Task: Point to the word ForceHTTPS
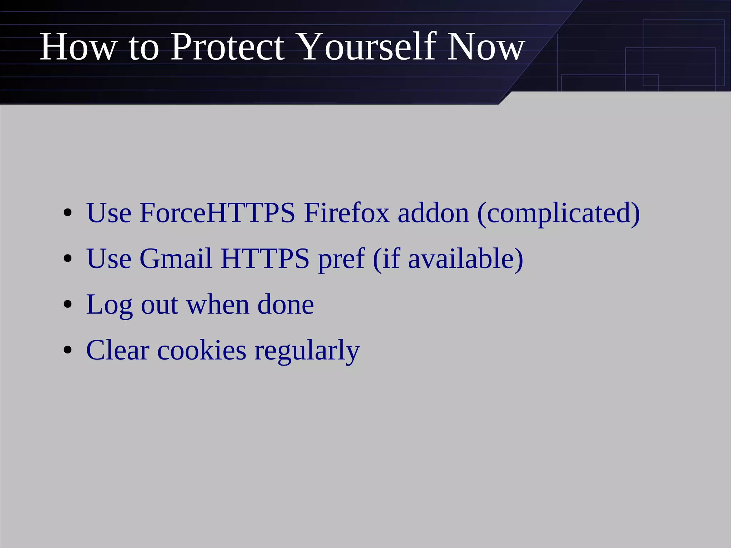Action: click(217, 213)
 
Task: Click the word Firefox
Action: click(347, 213)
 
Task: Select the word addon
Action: click(433, 213)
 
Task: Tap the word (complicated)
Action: click(559, 213)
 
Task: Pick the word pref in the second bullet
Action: click(341, 259)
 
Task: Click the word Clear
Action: click(118, 350)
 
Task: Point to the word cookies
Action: click(202, 350)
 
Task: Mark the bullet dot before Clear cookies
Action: click(67, 351)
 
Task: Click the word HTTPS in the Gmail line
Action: click(265, 258)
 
